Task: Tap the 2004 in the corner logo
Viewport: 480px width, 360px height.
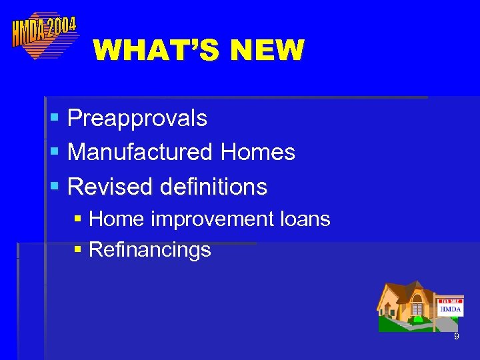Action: pyautogui.click(x=62, y=27)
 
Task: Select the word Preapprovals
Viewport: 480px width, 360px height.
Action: pyautogui.click(x=137, y=119)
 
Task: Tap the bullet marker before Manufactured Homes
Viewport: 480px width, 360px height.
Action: pyautogui.click(x=55, y=153)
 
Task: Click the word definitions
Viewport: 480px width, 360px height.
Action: pyautogui.click(x=214, y=187)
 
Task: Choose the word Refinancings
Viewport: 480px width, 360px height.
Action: pyautogui.click(x=149, y=250)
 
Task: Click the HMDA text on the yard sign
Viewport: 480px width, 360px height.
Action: pyautogui.click(x=451, y=309)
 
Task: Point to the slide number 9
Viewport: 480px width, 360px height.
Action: pyautogui.click(x=456, y=337)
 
